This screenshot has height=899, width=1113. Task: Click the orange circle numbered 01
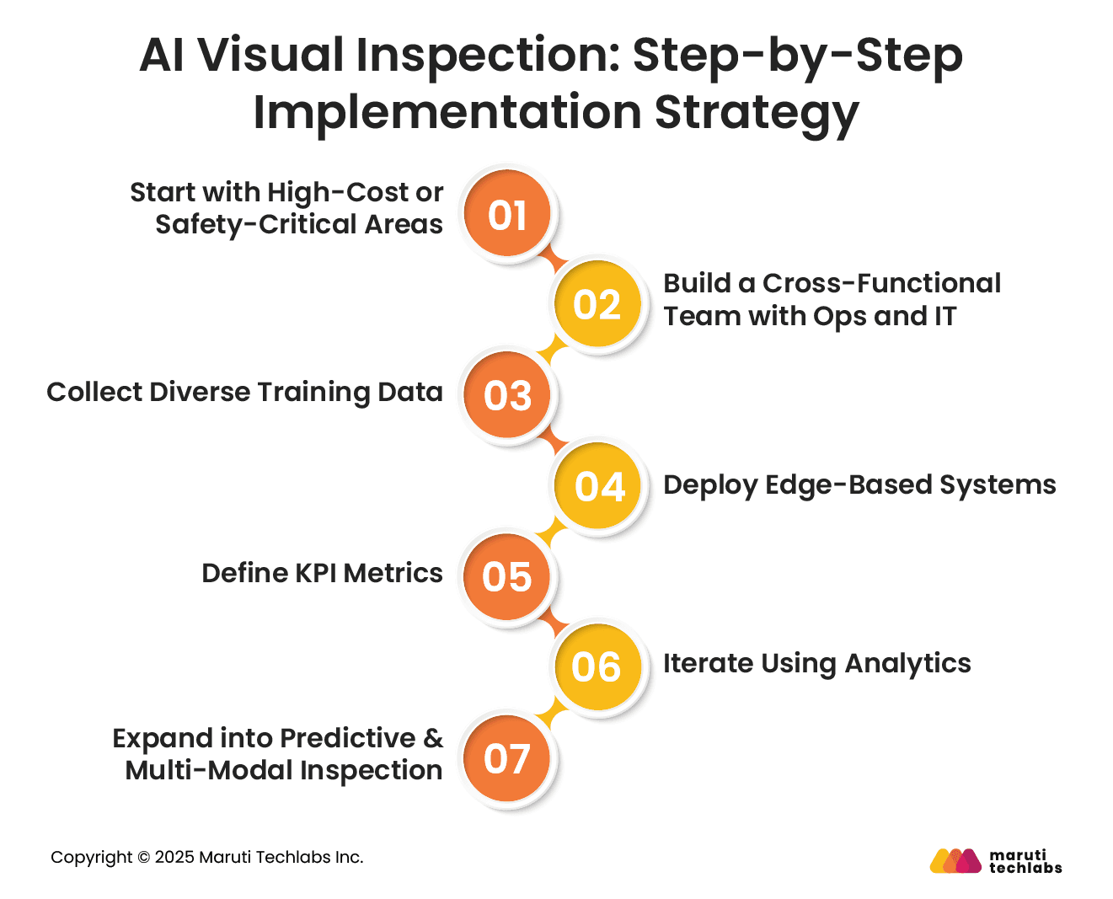506,212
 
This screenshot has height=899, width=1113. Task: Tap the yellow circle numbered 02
597,303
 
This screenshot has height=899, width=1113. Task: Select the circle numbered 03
506,394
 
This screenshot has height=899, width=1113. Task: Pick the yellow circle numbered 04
597,485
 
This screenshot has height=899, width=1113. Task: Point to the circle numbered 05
506,576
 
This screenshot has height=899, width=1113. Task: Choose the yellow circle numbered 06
597,667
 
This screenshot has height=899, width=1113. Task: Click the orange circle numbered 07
506,758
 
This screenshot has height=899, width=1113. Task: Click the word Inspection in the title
488,56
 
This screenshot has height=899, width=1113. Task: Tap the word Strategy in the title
757,114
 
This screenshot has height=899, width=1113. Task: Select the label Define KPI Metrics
323,573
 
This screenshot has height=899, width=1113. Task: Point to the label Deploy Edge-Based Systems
859,485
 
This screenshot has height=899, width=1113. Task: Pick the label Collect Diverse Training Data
244,393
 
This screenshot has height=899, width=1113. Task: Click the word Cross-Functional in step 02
881,283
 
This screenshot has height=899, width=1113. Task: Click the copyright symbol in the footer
144,857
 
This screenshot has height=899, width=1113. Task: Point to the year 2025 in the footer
174,857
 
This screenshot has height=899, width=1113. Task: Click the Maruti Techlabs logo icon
955,861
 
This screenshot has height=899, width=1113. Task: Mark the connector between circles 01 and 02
553,258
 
